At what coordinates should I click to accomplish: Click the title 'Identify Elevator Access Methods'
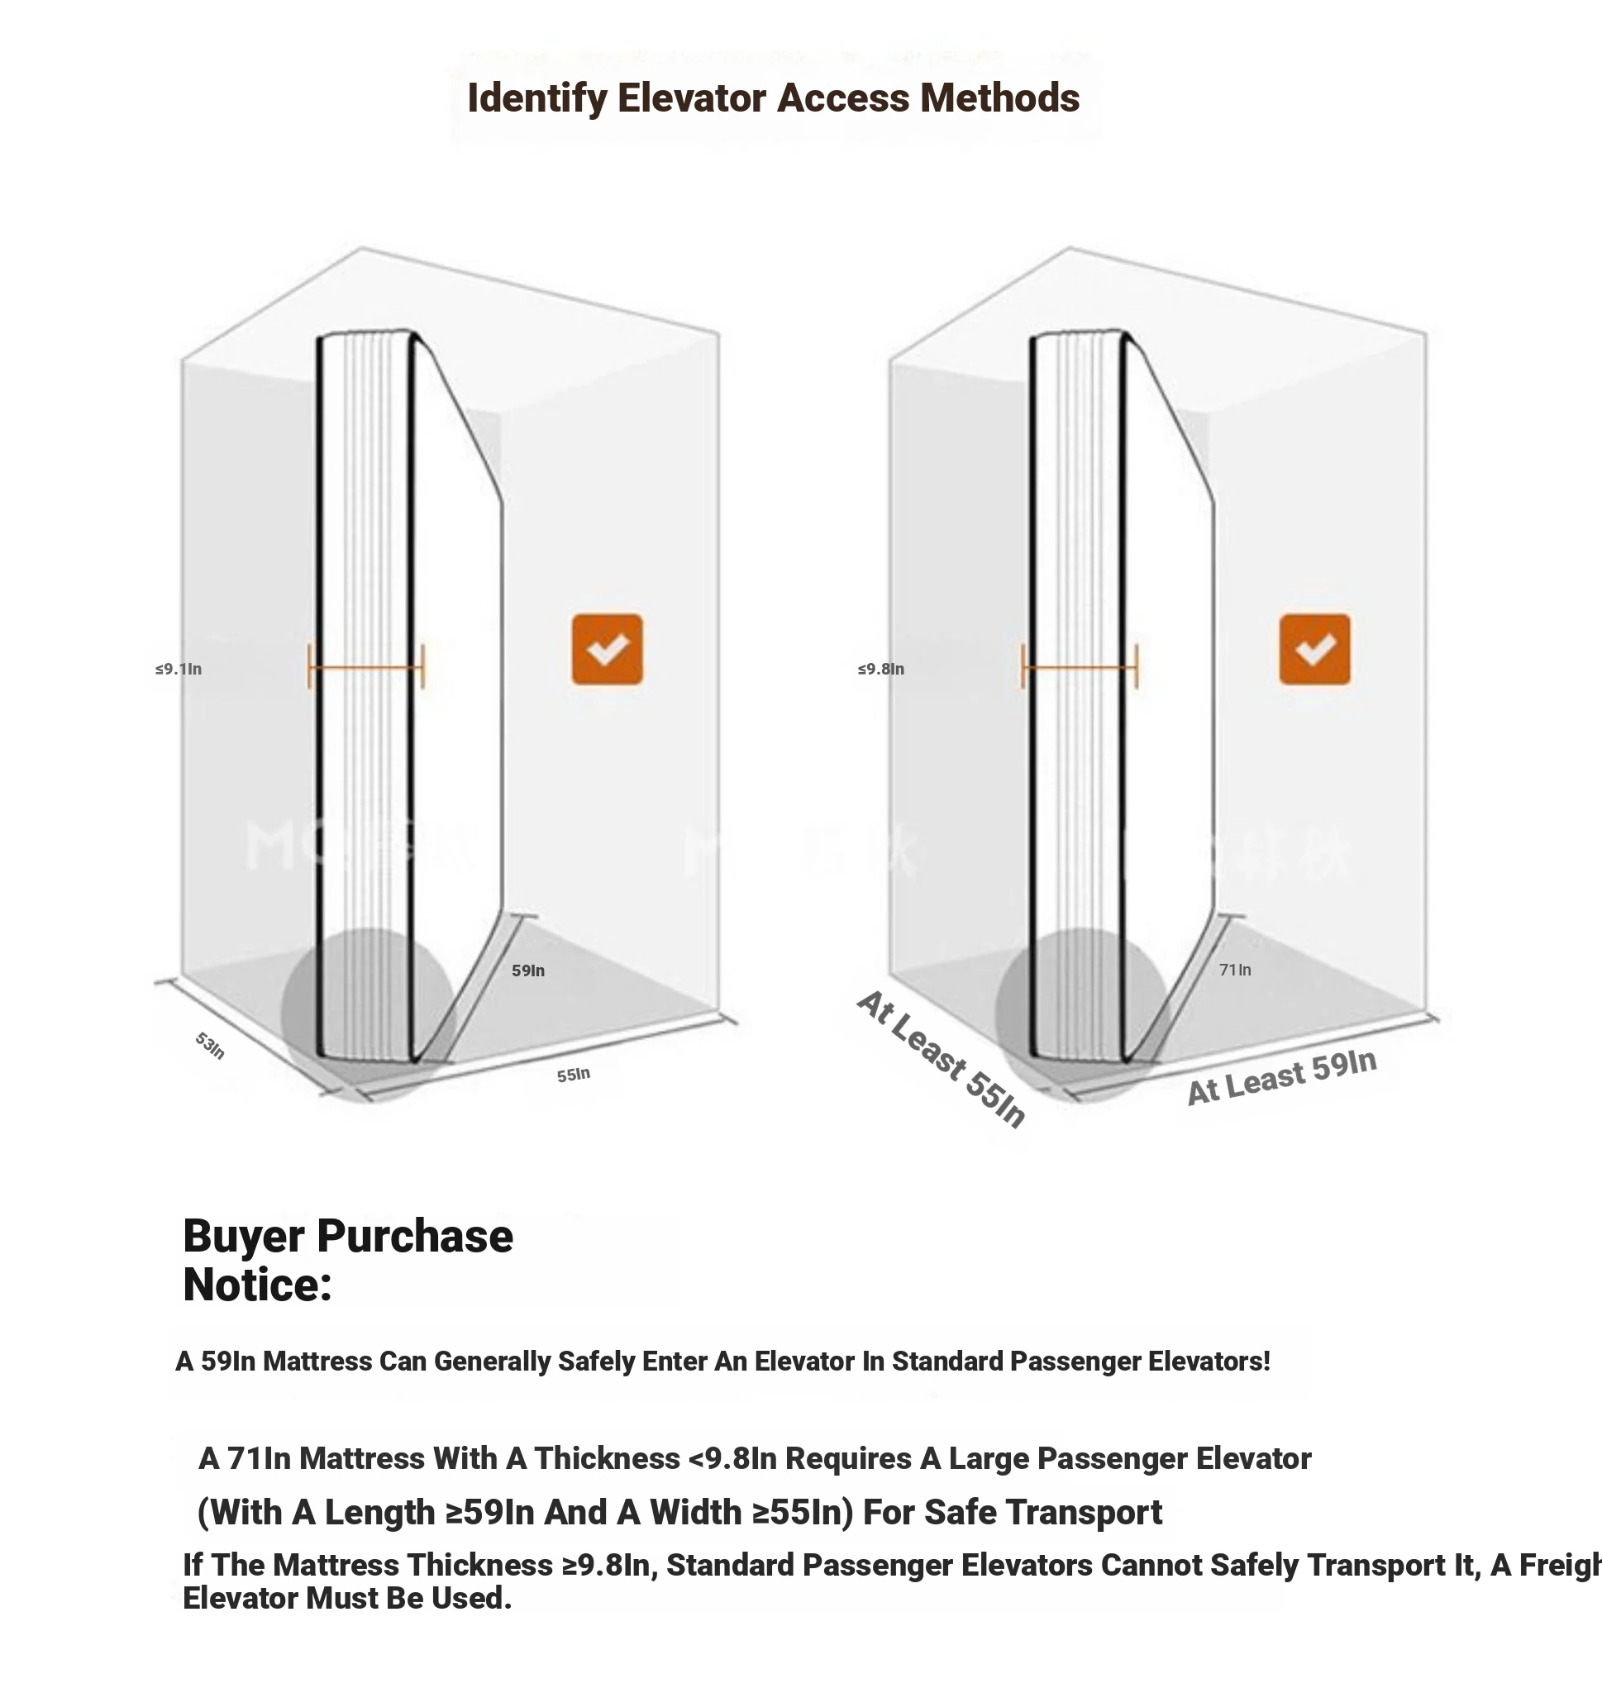(773, 98)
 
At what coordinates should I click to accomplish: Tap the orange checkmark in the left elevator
(607, 649)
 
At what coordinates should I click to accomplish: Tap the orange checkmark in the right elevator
(1314, 649)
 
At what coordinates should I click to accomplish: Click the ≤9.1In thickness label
(179, 670)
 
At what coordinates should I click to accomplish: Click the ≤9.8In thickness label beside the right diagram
(880, 670)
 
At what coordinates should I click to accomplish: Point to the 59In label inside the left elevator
(527, 970)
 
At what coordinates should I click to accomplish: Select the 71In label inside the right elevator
(1235, 970)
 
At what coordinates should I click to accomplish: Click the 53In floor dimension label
(210, 1046)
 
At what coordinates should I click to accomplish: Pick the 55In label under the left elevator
(573, 1075)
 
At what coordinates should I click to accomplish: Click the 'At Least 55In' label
(941, 1059)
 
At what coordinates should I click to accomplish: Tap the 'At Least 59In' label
(1281, 1077)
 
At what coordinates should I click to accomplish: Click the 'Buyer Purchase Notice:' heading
(347, 1260)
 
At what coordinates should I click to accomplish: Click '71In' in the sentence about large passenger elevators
(259, 1458)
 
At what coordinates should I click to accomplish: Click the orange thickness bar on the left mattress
(366, 667)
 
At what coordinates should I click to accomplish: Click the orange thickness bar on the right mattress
(1080, 667)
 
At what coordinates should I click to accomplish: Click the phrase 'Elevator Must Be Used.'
(346, 1598)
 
